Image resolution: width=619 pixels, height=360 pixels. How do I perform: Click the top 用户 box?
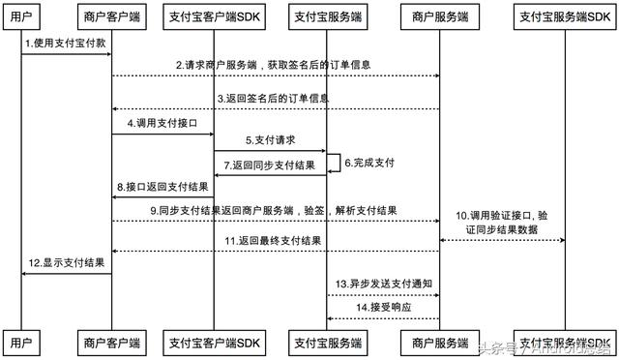(20, 16)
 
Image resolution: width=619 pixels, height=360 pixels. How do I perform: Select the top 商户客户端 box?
(111, 16)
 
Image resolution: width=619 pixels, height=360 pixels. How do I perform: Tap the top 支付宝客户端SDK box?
(213, 16)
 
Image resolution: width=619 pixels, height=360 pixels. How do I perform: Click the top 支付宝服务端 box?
(327, 16)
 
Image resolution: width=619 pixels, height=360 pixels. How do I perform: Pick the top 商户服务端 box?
(439, 16)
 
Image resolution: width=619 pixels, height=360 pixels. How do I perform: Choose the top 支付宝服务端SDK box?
(564, 16)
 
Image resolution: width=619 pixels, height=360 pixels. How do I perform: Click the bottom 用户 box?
(20, 342)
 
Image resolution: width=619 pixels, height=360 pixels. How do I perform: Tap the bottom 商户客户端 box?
(111, 342)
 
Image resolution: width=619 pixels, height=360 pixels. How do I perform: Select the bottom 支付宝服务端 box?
(327, 342)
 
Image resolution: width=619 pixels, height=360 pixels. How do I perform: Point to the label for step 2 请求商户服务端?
(273, 65)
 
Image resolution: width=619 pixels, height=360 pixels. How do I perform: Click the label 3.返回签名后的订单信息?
(273, 99)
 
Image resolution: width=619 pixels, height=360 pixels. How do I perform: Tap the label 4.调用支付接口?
(162, 125)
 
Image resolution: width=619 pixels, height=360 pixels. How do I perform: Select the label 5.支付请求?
(270, 140)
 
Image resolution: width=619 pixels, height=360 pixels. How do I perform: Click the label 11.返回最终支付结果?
(273, 240)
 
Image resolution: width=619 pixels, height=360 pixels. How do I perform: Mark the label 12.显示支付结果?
(66, 262)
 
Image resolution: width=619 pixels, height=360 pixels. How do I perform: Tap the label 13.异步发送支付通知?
(384, 284)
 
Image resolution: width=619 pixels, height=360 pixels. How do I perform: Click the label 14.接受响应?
(384, 307)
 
